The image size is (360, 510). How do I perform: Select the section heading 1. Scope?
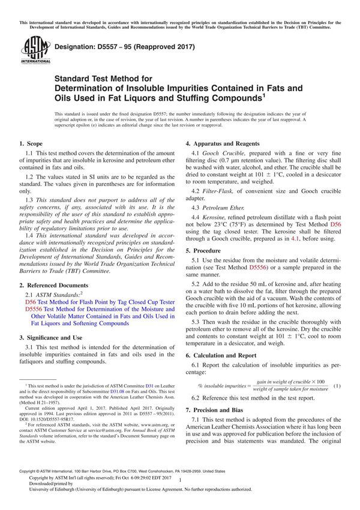click(x=31, y=144)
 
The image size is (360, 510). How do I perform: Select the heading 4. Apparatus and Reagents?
click(x=222, y=144)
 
